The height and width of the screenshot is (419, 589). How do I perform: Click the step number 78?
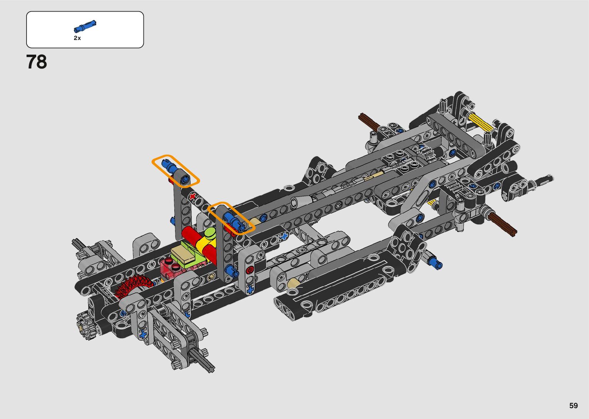coord(37,62)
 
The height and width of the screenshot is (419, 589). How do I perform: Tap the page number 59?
coord(574,405)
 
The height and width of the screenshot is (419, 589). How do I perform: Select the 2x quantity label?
coord(77,38)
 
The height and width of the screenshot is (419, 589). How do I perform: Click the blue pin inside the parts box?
coord(85,26)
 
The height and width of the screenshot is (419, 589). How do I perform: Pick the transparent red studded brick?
coord(171,267)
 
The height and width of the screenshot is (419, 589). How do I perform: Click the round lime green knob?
coord(210,233)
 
